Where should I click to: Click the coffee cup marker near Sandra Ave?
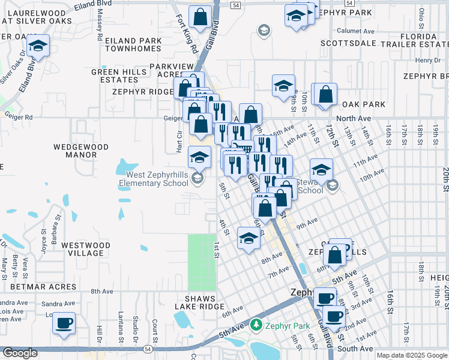click(64, 324)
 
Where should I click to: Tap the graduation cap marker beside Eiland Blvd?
click(38, 46)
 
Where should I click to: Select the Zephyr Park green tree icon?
click(256, 325)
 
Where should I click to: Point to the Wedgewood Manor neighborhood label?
click(81, 151)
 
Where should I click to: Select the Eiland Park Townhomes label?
click(133, 45)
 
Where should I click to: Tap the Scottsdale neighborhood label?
click(348, 43)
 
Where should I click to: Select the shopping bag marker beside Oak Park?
click(325, 94)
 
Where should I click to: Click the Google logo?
click(20, 353)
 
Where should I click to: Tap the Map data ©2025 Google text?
click(412, 355)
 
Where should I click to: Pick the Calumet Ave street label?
click(355, 31)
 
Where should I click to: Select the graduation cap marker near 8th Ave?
click(249, 239)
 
